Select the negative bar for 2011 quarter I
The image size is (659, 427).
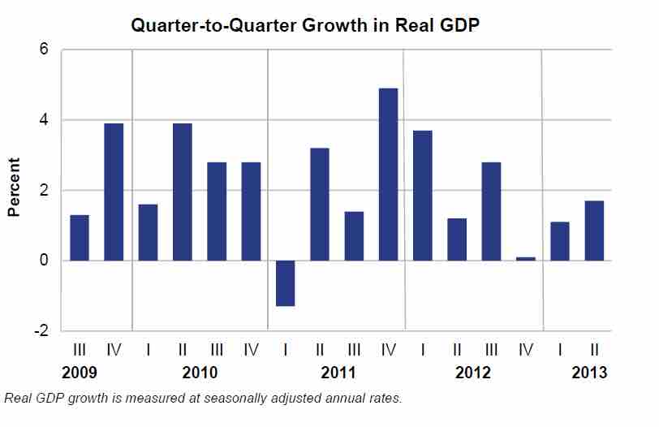285,283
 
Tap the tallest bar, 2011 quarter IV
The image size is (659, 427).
388,174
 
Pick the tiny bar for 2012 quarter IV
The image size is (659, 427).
525,258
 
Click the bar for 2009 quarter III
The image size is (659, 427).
80,237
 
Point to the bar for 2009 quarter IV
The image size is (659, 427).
114,192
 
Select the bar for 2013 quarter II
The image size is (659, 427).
594,231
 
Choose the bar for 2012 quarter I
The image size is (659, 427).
422,195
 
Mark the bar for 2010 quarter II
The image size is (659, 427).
182,192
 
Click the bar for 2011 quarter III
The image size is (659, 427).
354,235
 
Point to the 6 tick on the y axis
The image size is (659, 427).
45,50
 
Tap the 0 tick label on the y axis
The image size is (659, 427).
45,261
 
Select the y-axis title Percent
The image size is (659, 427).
14,190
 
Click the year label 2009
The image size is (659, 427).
80,374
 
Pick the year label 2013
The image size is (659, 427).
588,374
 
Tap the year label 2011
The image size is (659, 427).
336,374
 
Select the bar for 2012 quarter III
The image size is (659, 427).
491,211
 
